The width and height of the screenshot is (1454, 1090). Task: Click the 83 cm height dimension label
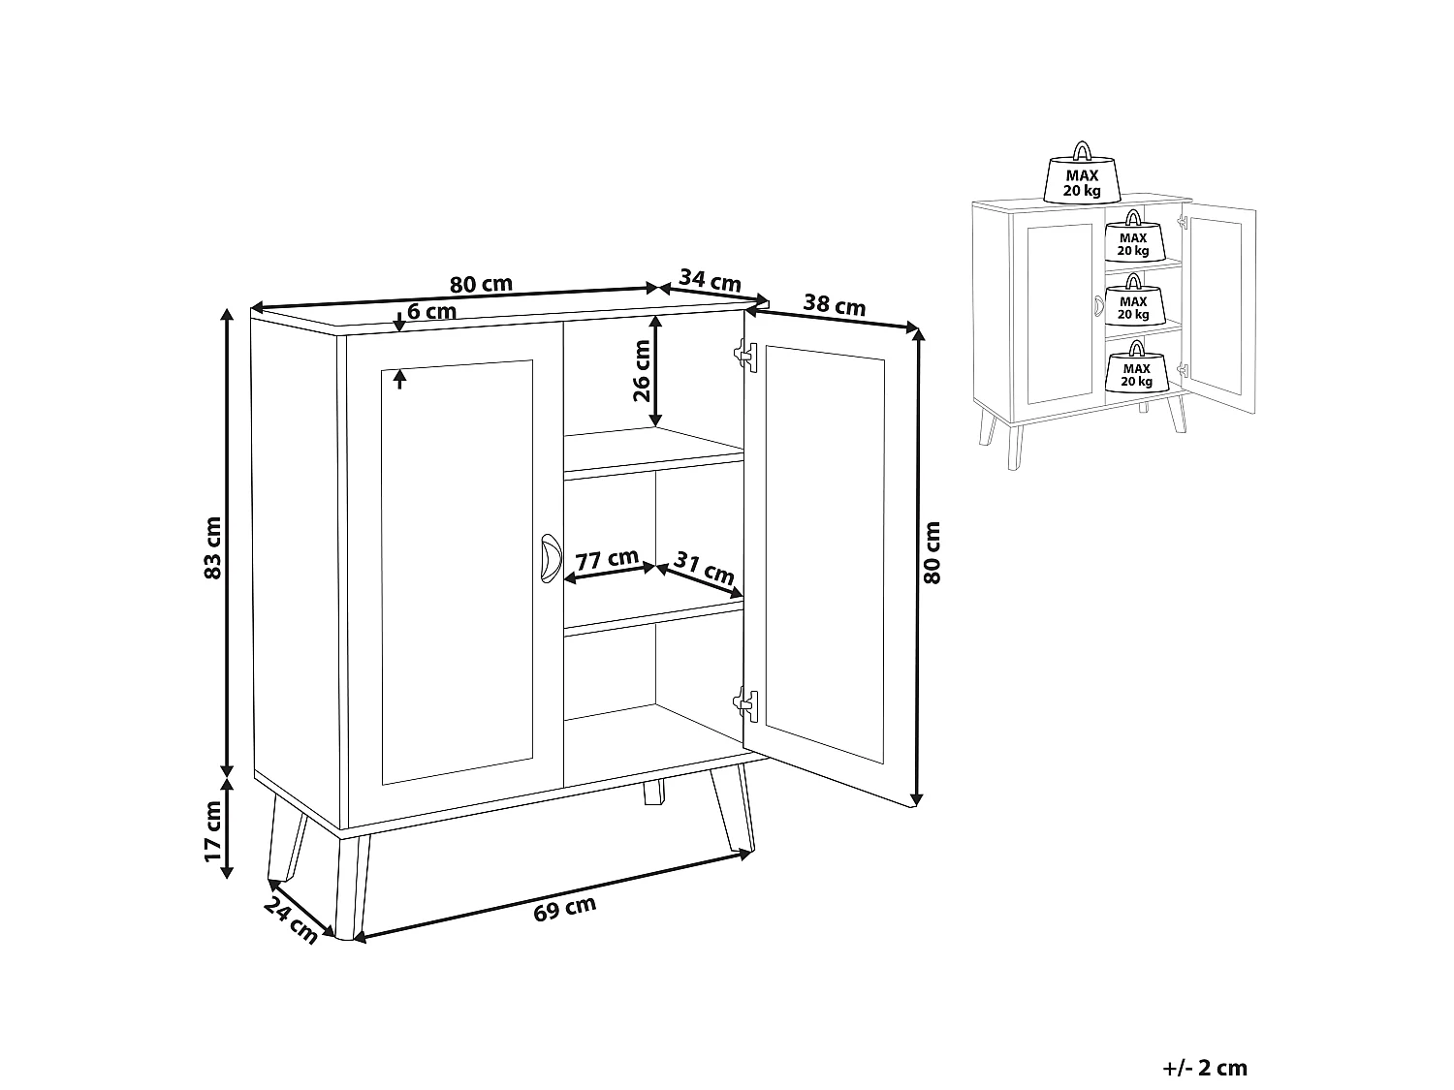click(214, 547)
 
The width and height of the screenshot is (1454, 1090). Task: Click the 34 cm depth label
click(711, 280)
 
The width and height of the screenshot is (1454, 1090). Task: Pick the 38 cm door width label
click(835, 306)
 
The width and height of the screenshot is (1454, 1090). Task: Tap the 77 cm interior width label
click(607, 560)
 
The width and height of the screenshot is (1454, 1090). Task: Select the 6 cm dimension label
click(431, 311)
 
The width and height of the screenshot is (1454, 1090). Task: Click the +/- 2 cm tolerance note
click(1205, 1069)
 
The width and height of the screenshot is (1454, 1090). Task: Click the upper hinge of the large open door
click(744, 354)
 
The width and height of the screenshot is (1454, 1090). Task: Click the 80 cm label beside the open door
click(932, 552)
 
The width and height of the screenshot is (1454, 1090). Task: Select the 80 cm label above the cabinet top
click(481, 285)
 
